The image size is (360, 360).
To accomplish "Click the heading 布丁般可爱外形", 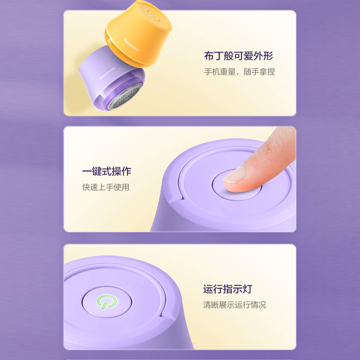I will tap(238, 57).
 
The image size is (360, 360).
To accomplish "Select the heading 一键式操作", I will tap(107, 171).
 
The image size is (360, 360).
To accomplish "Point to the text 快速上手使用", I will tap(105, 187).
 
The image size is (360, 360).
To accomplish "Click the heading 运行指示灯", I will tap(228, 289).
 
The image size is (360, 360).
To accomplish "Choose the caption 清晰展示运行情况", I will tap(234, 305).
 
